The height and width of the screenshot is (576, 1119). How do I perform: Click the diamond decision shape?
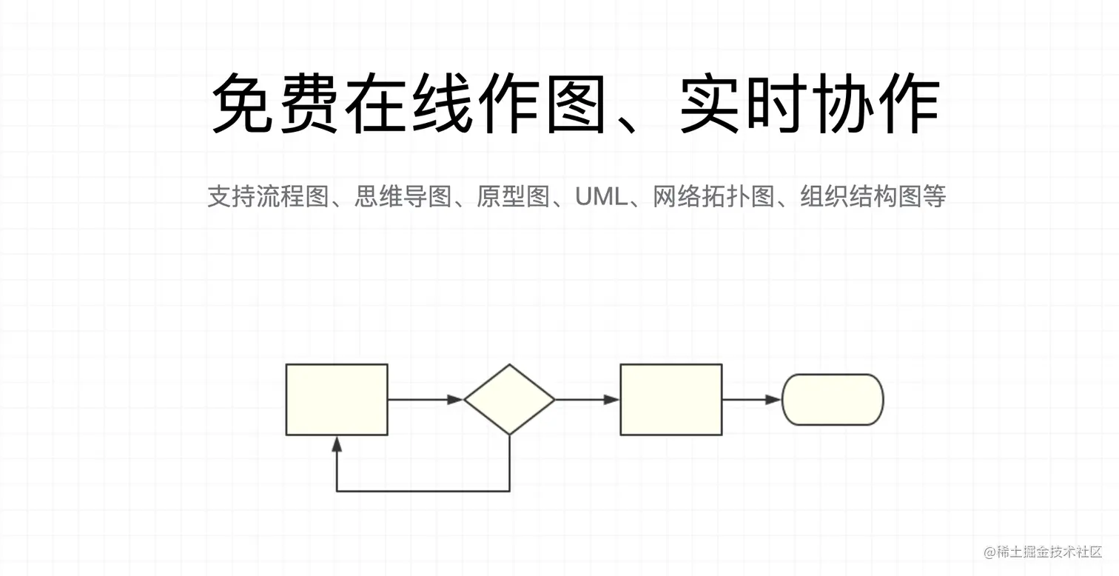point(509,400)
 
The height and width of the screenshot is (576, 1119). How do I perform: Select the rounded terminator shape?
point(833,400)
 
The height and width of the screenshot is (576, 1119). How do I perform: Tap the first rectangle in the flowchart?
point(337,400)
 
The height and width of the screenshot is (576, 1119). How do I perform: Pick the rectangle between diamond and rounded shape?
point(671,400)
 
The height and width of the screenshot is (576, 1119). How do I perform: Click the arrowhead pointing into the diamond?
point(456,400)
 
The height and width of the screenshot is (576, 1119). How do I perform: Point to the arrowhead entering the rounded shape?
point(774,400)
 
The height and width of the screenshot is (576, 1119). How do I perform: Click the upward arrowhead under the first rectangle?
point(337,443)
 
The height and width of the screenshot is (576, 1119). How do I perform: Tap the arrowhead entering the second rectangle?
point(611,400)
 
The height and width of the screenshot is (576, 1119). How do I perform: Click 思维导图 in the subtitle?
point(403,197)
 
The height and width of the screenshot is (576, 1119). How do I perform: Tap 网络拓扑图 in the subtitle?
point(713,197)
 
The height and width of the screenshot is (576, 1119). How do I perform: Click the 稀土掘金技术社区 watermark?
point(1044,552)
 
